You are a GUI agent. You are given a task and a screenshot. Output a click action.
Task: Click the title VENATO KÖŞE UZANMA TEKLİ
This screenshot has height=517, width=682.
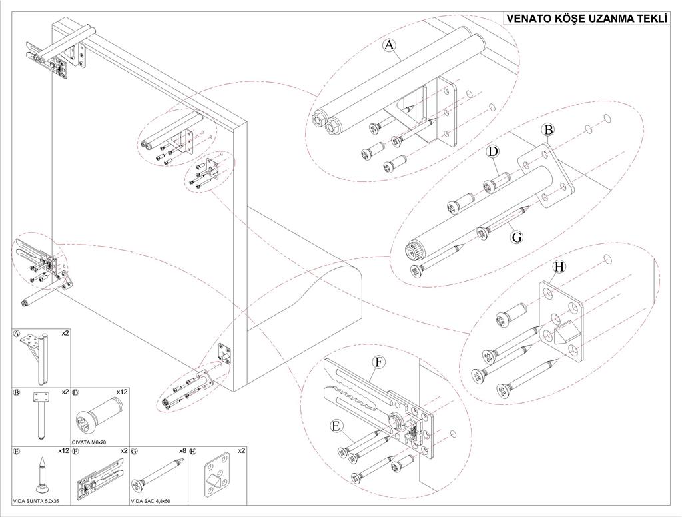(x=586, y=19)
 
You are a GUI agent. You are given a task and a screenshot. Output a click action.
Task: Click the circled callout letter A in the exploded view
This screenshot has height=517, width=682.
(x=390, y=45)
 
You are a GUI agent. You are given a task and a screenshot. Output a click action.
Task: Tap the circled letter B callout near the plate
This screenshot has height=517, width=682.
(x=547, y=130)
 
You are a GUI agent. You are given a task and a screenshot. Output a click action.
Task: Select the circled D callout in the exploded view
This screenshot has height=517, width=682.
(x=492, y=152)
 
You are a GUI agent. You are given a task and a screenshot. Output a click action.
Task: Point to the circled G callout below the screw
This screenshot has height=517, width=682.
(x=515, y=236)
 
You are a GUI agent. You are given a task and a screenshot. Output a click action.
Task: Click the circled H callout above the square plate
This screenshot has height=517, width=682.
(x=559, y=267)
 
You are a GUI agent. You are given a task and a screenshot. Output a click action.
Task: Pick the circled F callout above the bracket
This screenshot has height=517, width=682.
(x=379, y=362)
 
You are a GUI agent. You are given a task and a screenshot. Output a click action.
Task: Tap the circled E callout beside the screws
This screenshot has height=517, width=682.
(x=336, y=425)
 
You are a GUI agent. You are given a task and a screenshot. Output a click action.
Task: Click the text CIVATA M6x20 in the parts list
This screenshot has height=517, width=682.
(x=90, y=442)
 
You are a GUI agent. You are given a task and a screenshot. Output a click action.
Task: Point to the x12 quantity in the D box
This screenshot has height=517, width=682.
(x=122, y=392)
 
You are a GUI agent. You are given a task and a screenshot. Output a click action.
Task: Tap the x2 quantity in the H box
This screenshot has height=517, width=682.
(x=241, y=451)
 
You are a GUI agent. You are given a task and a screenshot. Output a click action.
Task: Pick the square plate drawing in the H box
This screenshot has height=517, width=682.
(x=216, y=476)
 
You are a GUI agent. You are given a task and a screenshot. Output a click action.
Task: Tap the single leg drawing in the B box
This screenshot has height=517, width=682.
(x=41, y=416)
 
